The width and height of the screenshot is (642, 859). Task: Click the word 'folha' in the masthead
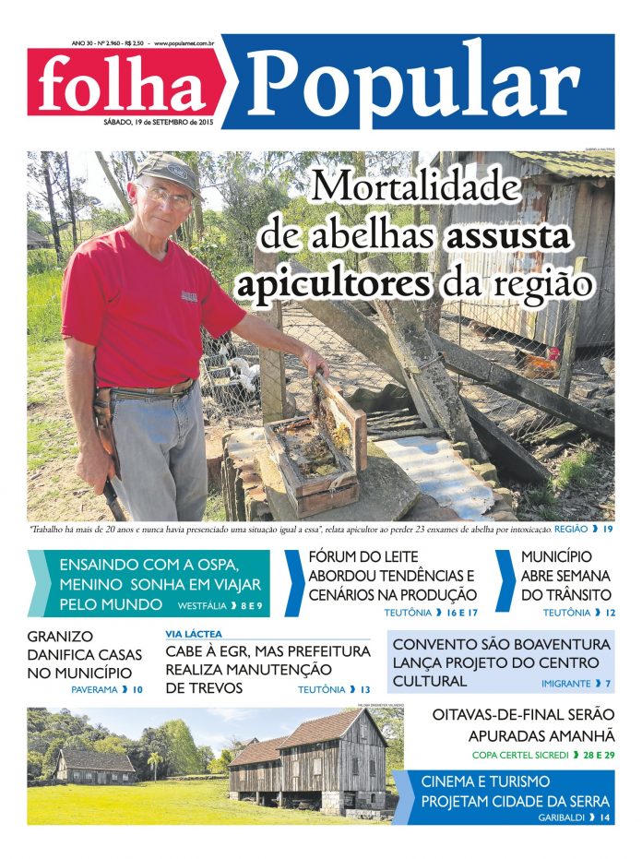click(123, 85)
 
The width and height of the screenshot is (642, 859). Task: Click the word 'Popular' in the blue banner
click(412, 83)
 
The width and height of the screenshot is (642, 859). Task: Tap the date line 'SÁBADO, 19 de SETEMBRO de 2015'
click(159, 122)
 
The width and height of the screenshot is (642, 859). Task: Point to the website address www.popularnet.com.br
click(184, 42)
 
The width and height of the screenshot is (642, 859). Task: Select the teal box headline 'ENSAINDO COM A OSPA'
click(150, 565)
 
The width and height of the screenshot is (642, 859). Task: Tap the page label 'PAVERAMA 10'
click(107, 689)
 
